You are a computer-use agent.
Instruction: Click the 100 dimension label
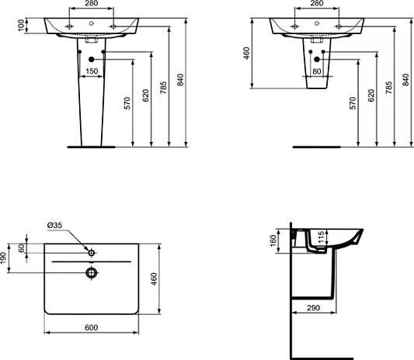tap(9, 26)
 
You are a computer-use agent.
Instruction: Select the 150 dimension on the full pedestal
tap(92, 72)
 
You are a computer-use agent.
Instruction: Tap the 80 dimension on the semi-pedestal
tap(318, 72)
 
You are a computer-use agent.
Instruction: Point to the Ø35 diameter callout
tap(55, 225)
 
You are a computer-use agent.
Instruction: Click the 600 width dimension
tap(92, 329)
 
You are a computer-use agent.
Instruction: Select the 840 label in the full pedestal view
tap(181, 81)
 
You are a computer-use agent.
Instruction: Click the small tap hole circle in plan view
tap(92, 253)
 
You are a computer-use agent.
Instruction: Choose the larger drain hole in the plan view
tap(92, 272)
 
